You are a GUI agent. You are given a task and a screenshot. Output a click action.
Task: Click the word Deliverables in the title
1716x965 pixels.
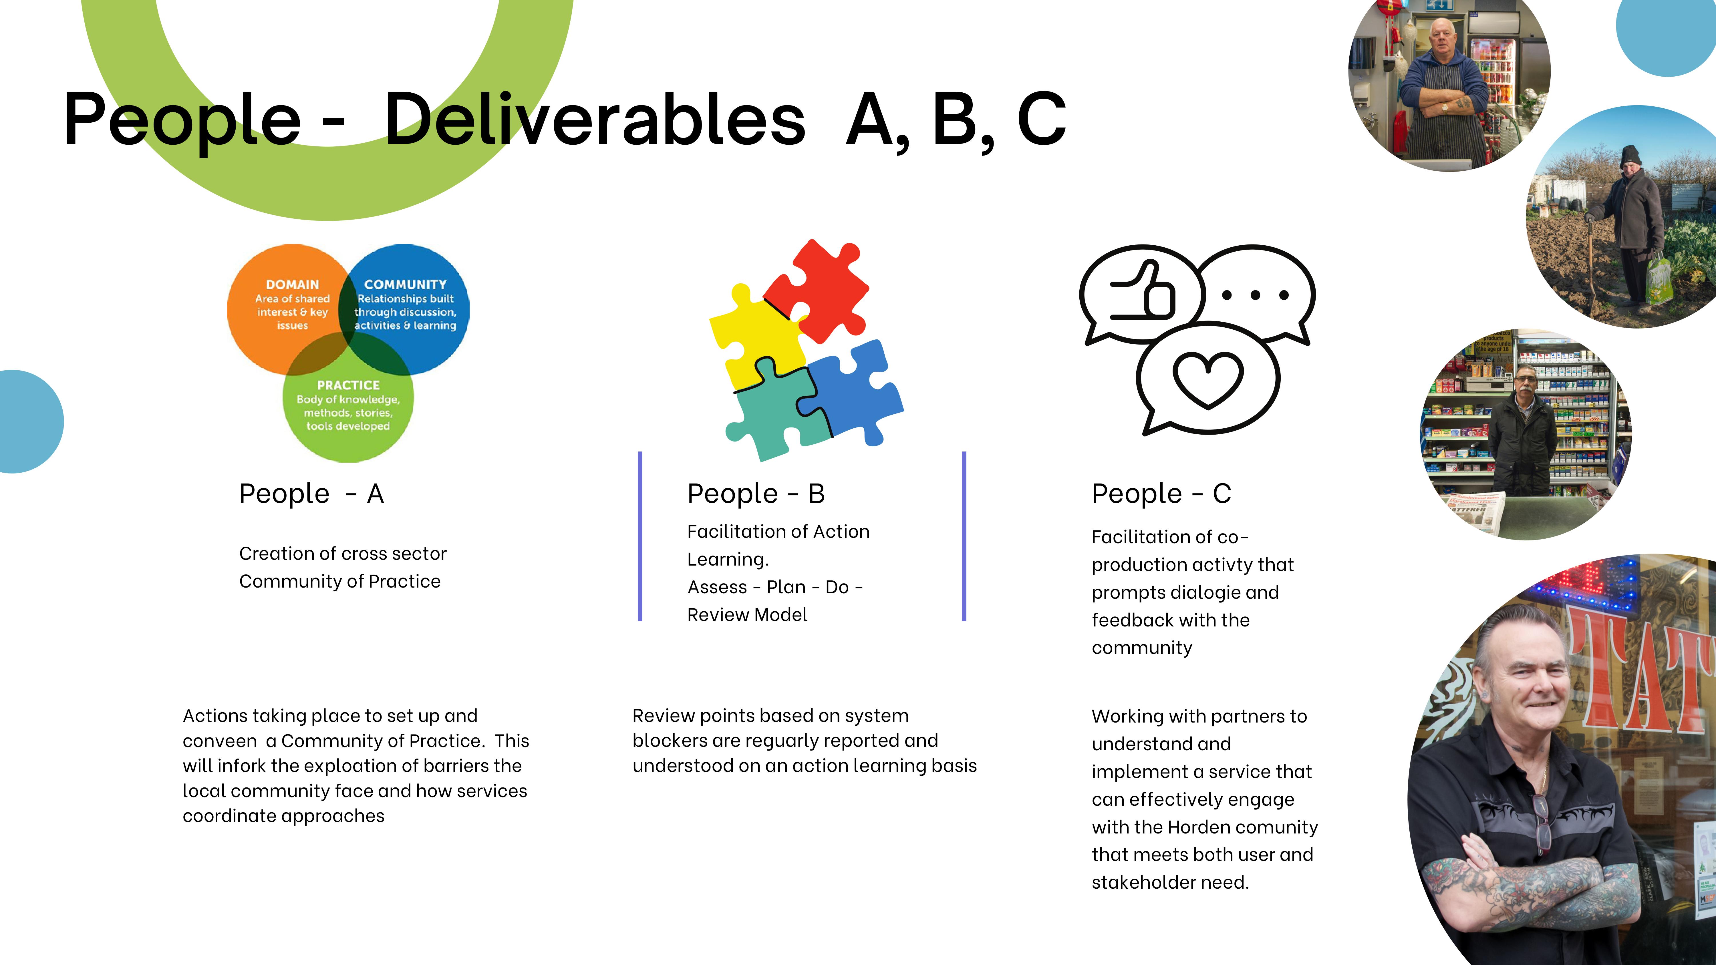[595, 120]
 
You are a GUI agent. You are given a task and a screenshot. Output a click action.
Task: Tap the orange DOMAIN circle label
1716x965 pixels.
[293, 284]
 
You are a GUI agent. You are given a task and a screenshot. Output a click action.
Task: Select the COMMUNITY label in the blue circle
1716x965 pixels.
[405, 284]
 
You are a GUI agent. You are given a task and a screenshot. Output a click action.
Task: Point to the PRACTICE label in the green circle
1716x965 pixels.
[348, 385]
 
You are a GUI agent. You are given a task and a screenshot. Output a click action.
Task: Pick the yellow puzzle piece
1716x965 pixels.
[753, 340]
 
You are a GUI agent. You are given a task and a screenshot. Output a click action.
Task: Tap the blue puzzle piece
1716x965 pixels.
[856, 393]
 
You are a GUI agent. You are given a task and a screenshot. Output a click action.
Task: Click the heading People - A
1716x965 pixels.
[311, 494]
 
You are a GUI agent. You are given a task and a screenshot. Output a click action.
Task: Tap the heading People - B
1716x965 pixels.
[755, 494]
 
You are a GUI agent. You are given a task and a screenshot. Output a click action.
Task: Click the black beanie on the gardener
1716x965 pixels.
[1631, 156]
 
